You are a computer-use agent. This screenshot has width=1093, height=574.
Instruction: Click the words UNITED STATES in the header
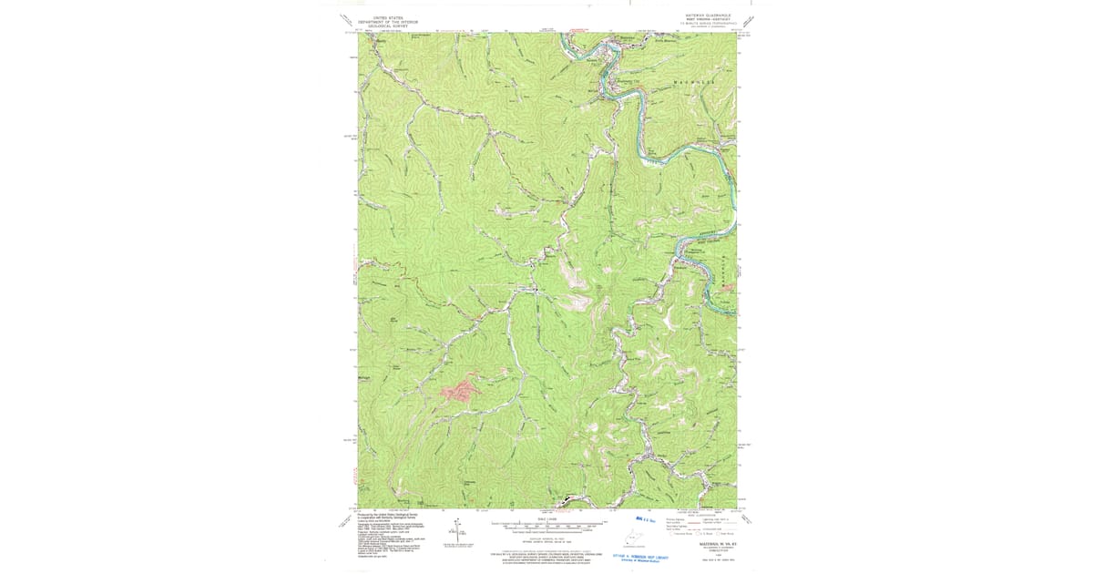click(381, 17)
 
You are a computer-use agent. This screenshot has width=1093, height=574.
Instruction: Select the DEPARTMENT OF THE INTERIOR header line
click(381, 22)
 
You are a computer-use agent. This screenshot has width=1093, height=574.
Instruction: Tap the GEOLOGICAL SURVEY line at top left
click(381, 26)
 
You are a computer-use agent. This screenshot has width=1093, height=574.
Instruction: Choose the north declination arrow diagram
click(460, 530)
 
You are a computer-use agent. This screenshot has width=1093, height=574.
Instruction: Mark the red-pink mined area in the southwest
click(461, 390)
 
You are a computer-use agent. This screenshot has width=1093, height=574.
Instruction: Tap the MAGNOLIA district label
click(694, 83)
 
